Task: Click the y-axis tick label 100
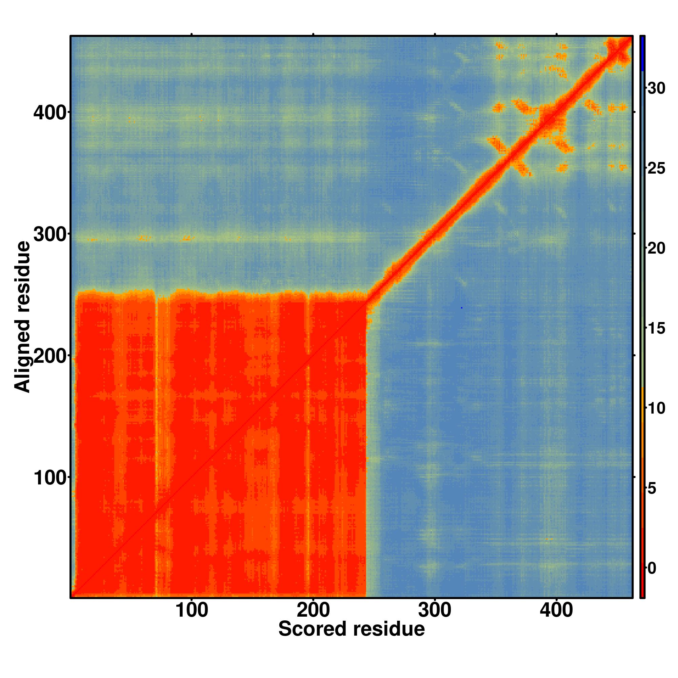pyautogui.click(x=50, y=478)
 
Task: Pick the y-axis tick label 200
pyautogui.click(x=50, y=356)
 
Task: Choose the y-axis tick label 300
pyautogui.click(x=50, y=235)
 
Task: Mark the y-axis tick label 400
pyautogui.click(x=50, y=113)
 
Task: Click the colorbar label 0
pyautogui.click(x=652, y=568)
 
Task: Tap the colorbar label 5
pyautogui.click(x=652, y=489)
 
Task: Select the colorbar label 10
pyautogui.click(x=656, y=408)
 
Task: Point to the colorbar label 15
pyautogui.click(x=656, y=328)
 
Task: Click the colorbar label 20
pyautogui.click(x=656, y=248)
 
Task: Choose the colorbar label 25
pyautogui.click(x=656, y=168)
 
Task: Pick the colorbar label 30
pyautogui.click(x=656, y=88)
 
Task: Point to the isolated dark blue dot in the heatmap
pyautogui.click(x=461, y=308)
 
